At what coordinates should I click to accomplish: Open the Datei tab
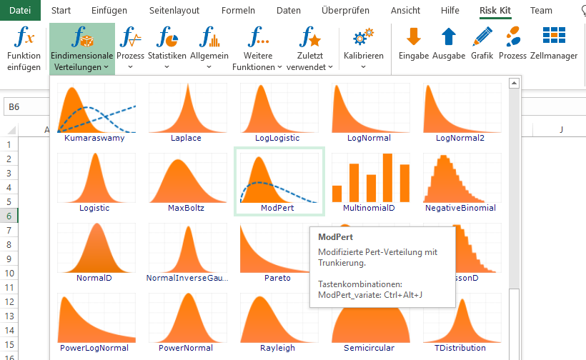pos(20,10)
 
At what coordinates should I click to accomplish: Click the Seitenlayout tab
pos(174,11)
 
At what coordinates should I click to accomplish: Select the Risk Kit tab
pos(495,11)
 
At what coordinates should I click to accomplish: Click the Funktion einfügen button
pos(24,49)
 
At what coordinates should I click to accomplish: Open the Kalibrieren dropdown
pos(363,49)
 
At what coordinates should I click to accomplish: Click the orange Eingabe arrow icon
pos(414,36)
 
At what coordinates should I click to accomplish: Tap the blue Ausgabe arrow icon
pos(449,36)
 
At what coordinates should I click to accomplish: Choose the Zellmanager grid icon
pos(554,36)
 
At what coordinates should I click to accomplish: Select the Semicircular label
pos(369,348)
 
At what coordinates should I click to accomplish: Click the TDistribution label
pos(460,348)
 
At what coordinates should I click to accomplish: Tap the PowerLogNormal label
pos(94,348)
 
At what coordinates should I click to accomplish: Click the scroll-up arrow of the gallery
pos(515,84)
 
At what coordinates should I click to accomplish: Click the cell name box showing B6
pos(26,107)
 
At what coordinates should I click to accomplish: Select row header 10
pos(9,274)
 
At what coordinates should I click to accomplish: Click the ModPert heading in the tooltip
pos(336,237)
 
